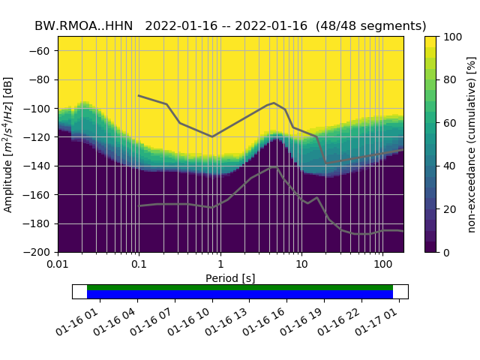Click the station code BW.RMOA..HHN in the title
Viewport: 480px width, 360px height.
pos(83,25)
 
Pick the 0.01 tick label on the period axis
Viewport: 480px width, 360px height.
pos(58,265)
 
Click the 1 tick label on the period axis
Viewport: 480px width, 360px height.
pos(220,265)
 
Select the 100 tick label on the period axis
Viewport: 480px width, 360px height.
pos(382,265)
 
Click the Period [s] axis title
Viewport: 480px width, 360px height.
pos(230,278)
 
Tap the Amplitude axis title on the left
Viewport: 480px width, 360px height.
pos(8,144)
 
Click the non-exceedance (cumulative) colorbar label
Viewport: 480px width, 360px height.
pos(471,144)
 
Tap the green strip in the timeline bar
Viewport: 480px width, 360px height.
pos(240,287)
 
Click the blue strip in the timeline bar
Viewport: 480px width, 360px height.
pos(240,295)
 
